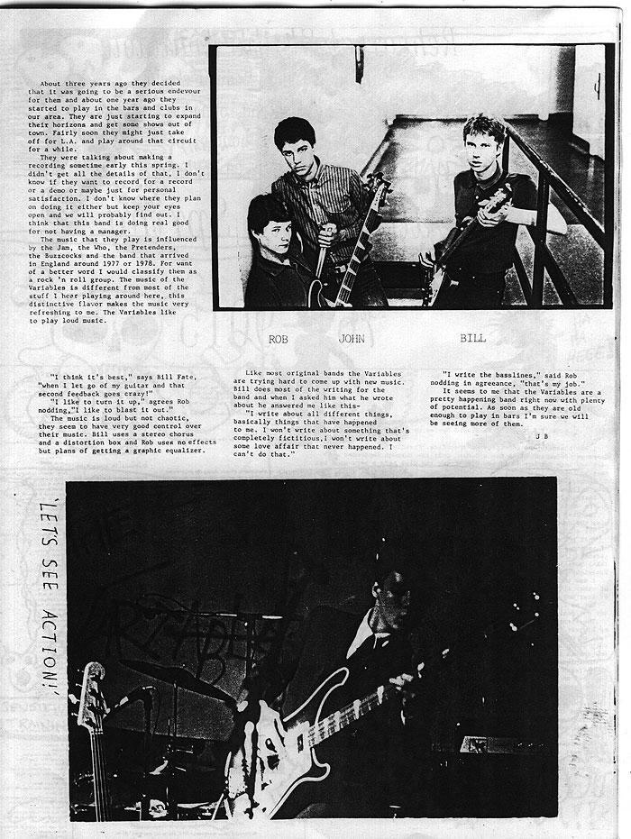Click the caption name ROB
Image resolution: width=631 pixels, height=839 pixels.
coord(278,340)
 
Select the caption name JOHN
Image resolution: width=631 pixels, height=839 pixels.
coord(351,340)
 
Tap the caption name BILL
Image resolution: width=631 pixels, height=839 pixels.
coord(472,339)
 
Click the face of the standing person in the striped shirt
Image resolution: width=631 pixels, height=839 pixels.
coord(295,142)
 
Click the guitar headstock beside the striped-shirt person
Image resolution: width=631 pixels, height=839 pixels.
coord(379,186)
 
